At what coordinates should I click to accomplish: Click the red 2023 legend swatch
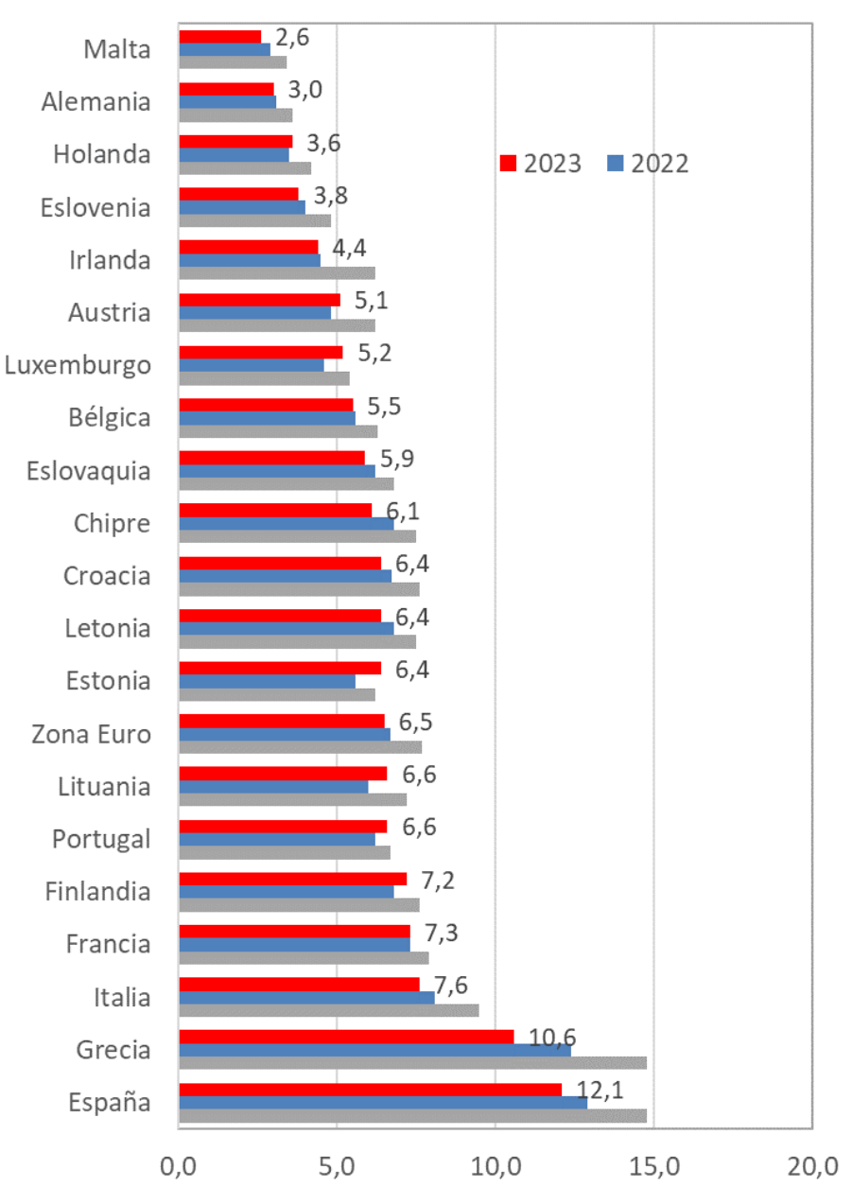point(508,164)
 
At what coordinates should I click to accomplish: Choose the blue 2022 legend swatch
point(615,164)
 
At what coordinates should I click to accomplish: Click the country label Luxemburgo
point(78,365)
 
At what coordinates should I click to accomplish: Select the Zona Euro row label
point(91,733)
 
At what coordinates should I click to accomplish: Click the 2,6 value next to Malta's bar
point(286,38)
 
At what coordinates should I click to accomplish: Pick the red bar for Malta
point(219,37)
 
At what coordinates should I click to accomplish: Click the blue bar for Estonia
point(267,681)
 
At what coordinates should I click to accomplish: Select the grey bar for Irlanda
point(276,273)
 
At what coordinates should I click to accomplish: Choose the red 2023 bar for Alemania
point(226,89)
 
